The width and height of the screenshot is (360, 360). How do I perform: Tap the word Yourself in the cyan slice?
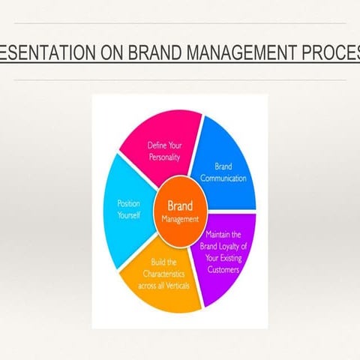click(x=129, y=214)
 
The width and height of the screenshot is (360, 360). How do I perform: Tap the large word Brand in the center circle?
click(x=180, y=204)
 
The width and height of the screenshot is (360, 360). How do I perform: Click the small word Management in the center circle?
click(x=180, y=220)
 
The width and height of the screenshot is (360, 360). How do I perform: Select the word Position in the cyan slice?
click(x=129, y=203)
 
